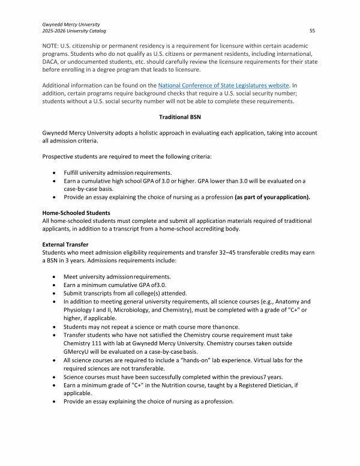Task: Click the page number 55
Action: [x=312, y=31]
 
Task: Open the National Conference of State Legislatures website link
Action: [x=224, y=86]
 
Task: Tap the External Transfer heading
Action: [x=66, y=244]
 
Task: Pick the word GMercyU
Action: [x=77, y=350]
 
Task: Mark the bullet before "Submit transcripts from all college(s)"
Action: [x=56, y=293]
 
